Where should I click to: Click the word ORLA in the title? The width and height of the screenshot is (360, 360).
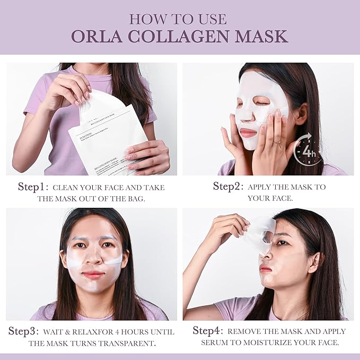tap(99, 36)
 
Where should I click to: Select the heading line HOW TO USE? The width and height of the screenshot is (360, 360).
tap(178, 19)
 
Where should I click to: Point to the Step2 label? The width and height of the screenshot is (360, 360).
tap(227, 187)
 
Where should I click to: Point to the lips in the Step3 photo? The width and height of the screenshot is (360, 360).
tap(93, 275)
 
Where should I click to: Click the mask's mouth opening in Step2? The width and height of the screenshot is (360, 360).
tap(248, 131)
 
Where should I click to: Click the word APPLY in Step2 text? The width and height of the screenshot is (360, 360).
tap(264, 187)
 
